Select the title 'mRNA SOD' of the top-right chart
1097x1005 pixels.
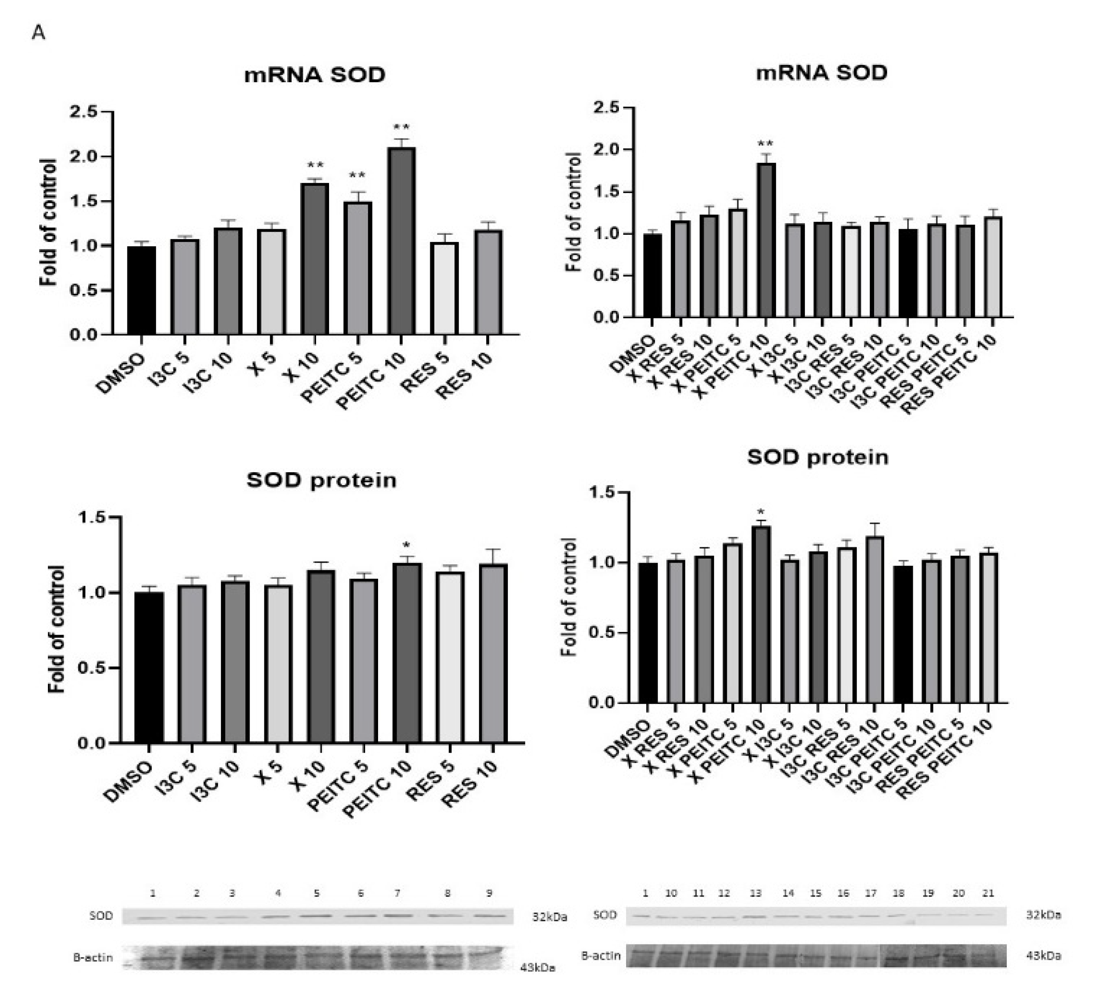pyautogui.click(x=821, y=72)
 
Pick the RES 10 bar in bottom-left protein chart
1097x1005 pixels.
pyautogui.click(x=493, y=653)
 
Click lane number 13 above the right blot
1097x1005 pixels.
pyautogui.click(x=755, y=893)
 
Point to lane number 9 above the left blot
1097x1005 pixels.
pyautogui.click(x=489, y=893)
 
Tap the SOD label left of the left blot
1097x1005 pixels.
pyautogui.click(x=101, y=916)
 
